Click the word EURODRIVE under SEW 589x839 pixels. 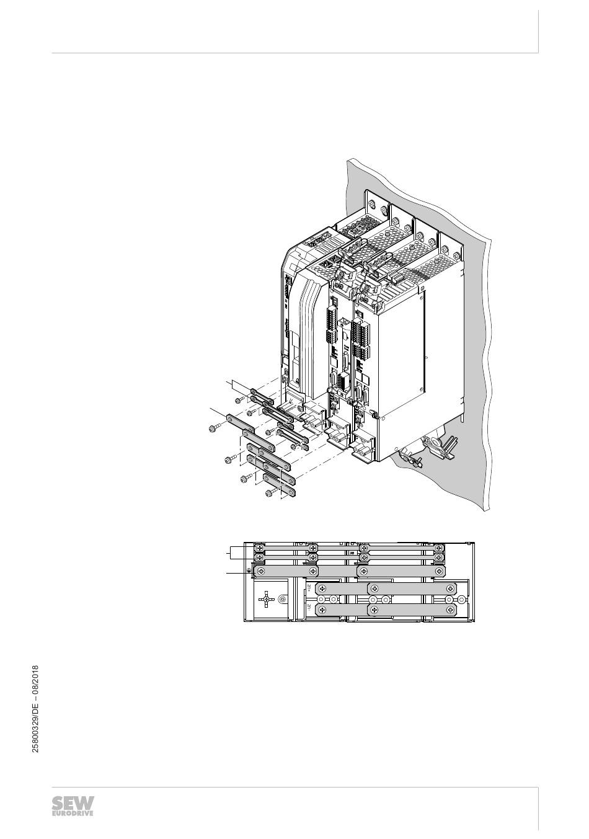coord(73,814)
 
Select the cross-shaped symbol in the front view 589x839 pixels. coord(266,599)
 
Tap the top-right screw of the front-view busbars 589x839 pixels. coord(438,548)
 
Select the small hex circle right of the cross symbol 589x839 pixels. coord(282,599)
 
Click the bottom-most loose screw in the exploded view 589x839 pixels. coord(270,493)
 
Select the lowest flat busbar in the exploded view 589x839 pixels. coord(280,486)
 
